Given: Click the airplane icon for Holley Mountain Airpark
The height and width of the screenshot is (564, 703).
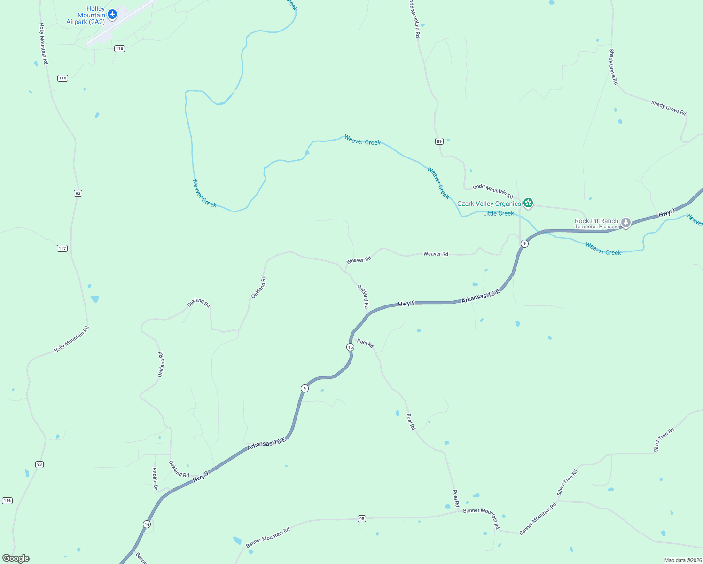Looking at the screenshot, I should [112, 15].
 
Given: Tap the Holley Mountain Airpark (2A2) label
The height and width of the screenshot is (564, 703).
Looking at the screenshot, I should [86, 16].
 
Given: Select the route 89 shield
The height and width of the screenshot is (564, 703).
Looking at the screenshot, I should [439, 141].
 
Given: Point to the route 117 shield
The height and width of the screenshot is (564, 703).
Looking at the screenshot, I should [62, 248].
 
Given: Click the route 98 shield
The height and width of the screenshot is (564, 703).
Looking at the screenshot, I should [361, 518].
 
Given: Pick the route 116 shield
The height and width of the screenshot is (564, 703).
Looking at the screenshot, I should [7, 501].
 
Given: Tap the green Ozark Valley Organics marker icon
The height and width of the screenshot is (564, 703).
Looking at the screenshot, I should [528, 203].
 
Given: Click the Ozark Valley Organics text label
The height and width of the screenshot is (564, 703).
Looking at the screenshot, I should [489, 204].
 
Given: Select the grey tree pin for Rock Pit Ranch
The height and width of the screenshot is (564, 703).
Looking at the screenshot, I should [625, 222].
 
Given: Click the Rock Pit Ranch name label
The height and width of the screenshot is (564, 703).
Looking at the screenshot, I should [596, 221].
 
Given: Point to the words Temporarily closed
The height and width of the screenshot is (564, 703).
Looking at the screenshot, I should [597, 227].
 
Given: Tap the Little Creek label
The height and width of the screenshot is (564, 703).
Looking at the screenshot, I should [498, 213].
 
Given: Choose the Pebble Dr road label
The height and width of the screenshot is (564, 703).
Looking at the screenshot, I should [155, 478].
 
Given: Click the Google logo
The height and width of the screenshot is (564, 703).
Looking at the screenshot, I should [16, 558].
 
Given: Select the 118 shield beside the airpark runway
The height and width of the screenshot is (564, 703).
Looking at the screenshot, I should [119, 48].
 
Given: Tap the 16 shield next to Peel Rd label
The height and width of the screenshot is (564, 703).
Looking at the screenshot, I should [350, 347].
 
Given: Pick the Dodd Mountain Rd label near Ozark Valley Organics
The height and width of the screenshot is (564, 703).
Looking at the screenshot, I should [492, 191].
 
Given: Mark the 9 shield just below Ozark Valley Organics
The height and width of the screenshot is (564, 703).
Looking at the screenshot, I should [524, 243].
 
